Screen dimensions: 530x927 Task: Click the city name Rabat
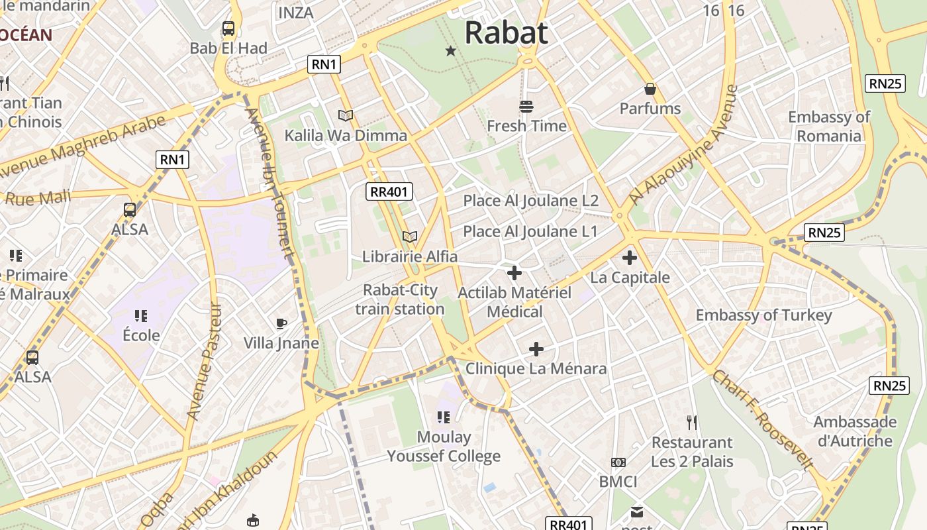507,32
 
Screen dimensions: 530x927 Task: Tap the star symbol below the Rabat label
451,50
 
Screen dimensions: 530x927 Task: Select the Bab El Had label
228,48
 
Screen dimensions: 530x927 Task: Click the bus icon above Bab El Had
228,28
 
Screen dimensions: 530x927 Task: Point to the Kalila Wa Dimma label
346,135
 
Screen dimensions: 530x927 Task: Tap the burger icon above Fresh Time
526,106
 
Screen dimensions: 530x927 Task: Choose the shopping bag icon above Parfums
650,89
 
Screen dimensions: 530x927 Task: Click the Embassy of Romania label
829,127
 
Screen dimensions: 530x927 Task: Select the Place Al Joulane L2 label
530,200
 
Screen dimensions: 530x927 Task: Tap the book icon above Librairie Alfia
410,237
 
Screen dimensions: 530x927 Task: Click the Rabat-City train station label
400,299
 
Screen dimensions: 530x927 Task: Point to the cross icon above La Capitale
630,258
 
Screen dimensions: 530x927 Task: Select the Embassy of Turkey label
763,315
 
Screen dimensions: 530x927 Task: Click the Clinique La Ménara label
536,368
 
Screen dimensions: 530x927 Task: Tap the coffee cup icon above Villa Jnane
281,323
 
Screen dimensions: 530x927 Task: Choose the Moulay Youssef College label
444,447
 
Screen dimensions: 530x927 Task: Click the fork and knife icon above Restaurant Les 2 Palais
692,422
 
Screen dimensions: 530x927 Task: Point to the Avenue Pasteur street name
203,362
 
